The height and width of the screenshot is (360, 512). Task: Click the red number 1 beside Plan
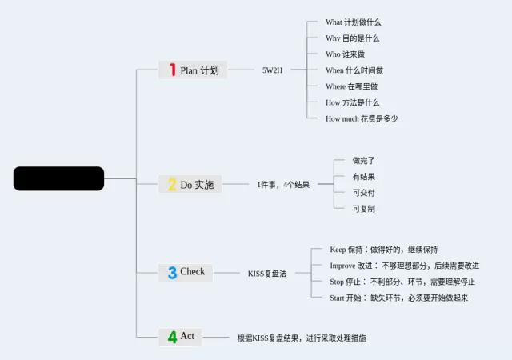tap(172, 70)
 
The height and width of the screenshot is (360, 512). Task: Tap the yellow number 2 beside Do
tap(171, 185)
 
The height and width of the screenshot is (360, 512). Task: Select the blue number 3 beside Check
tap(172, 272)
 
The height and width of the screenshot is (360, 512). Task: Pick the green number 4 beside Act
tap(172, 337)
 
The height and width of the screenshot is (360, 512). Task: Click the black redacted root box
tap(58, 178)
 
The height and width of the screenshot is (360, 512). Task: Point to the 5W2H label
tap(272, 70)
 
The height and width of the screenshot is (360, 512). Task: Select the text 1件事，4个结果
tap(283, 185)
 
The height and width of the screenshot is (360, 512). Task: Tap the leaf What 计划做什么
tap(354, 22)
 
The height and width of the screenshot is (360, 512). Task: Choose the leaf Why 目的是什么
tap(352, 38)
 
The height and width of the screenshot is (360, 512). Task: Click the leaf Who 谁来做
tap(345, 54)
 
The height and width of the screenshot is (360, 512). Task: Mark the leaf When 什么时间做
tap(354, 70)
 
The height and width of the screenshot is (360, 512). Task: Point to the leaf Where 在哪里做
tap(351, 86)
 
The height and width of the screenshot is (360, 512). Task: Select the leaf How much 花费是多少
tap(362, 118)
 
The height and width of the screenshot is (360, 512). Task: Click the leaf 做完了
tap(364, 161)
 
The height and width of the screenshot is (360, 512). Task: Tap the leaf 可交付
tap(364, 193)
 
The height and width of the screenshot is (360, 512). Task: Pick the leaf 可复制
tap(364, 209)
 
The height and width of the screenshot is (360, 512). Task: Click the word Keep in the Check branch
tap(338, 250)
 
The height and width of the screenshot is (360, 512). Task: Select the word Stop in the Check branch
tap(337, 282)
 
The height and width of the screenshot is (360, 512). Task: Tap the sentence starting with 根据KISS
tap(302, 338)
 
